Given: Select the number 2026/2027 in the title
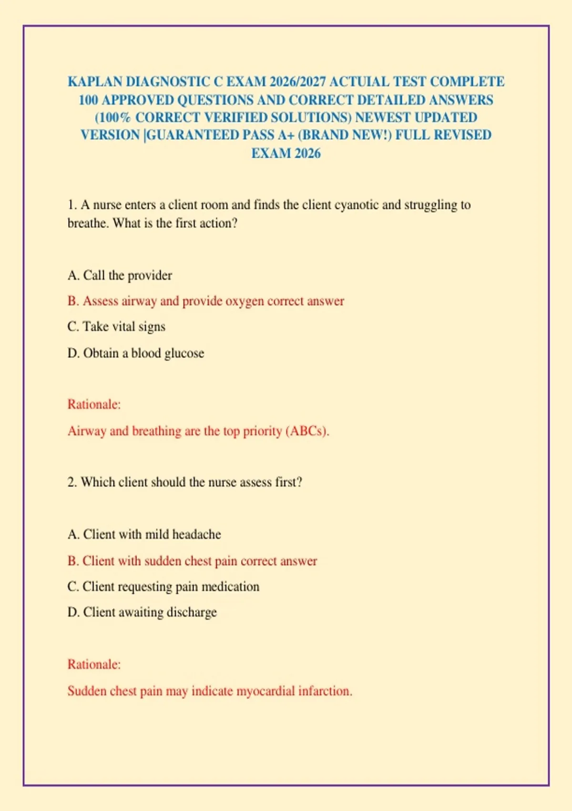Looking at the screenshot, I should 297,82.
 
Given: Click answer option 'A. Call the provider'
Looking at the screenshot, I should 120,275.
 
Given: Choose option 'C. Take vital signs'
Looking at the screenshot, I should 116,327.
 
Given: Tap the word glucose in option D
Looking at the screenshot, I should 185,353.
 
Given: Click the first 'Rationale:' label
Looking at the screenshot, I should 94,405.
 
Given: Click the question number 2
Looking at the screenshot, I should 71,482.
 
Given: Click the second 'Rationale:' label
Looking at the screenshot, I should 94,665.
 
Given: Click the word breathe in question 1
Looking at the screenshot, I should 87,223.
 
